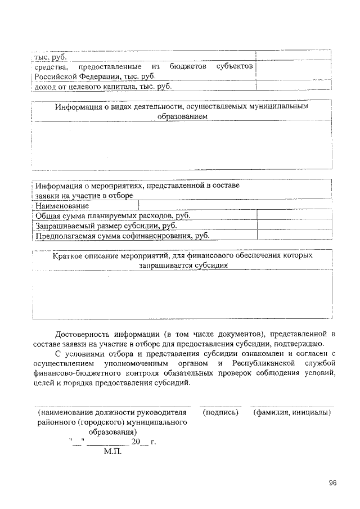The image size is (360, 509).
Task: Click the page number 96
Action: point(333,483)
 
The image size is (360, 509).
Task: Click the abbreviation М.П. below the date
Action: point(113,451)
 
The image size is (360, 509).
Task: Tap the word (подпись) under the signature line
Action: point(220,413)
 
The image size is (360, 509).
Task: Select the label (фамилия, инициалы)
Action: point(291,413)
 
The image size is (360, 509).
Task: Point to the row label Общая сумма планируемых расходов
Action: point(112,215)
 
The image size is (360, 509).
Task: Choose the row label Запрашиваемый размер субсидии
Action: point(106,226)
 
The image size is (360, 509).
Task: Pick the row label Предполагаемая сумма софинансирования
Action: point(122,236)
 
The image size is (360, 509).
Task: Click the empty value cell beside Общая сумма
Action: point(294,215)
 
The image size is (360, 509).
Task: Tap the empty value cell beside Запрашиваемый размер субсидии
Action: point(294,226)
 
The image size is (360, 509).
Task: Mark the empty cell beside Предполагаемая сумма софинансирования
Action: point(294,236)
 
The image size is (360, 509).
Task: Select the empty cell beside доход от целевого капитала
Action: point(292,86)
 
